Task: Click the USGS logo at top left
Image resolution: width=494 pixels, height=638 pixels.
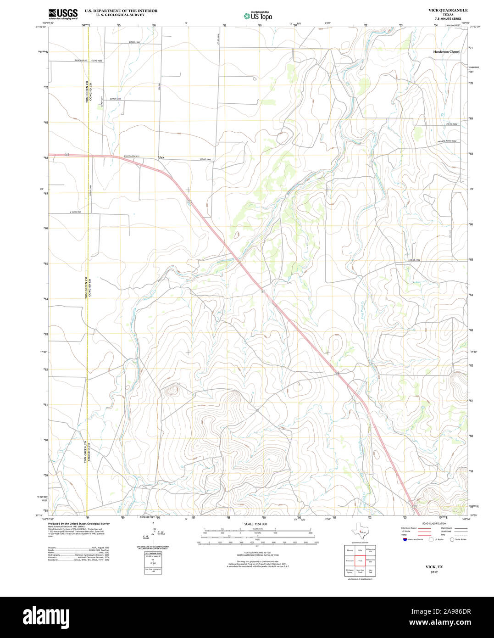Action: (x=63, y=14)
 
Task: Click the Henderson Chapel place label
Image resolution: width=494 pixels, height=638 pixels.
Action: (x=446, y=52)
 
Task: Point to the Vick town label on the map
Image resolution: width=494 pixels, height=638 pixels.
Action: (x=161, y=157)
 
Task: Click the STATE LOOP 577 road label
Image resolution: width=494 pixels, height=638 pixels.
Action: (x=131, y=157)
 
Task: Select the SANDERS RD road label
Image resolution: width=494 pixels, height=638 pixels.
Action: (x=81, y=61)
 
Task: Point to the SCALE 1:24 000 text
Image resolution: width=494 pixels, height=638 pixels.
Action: (x=255, y=524)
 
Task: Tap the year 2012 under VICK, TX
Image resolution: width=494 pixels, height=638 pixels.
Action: (x=434, y=572)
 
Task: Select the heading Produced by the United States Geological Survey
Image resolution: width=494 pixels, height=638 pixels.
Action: (x=79, y=523)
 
